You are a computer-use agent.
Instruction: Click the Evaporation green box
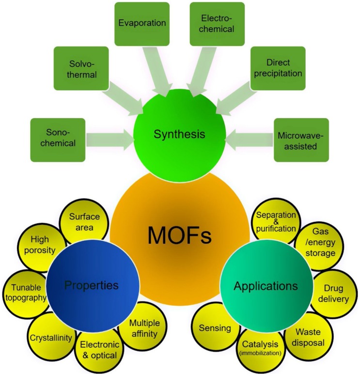pyautogui.click(x=142, y=23)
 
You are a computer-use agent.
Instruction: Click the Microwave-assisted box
pyautogui.click(x=301, y=140)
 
